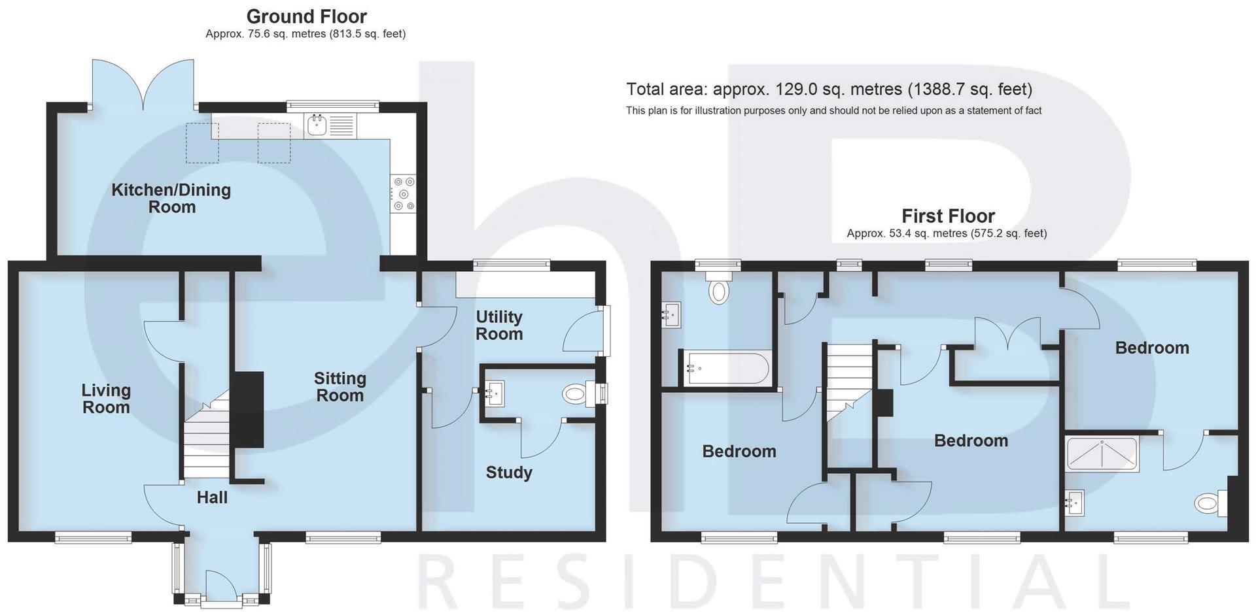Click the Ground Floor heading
(x=306, y=16)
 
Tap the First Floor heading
(x=948, y=216)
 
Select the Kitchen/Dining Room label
(x=171, y=199)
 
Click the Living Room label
(x=106, y=399)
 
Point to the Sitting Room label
(x=340, y=387)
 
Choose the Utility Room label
(x=499, y=325)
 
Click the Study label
(x=509, y=473)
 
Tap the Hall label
(x=212, y=498)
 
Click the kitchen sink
(x=317, y=125)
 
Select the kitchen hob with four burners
(x=402, y=194)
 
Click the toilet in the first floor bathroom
(x=719, y=291)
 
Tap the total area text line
(x=829, y=90)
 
